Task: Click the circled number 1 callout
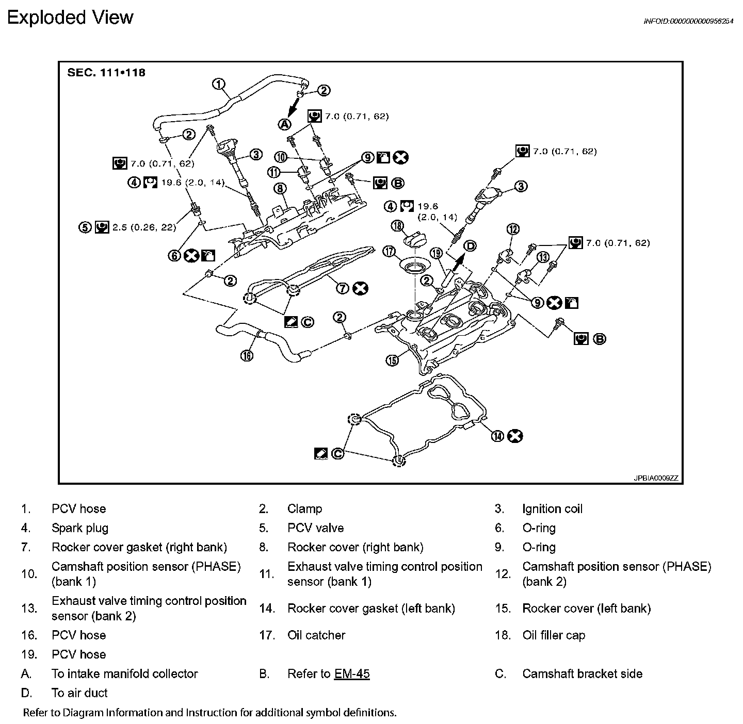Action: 219,84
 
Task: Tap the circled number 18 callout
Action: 397,225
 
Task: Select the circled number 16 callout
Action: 247,355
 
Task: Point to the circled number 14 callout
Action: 497,436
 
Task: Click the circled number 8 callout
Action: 280,188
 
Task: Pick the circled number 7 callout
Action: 343,288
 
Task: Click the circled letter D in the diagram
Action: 470,245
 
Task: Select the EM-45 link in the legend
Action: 352,673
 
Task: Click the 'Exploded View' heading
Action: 70,18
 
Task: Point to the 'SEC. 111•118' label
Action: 106,72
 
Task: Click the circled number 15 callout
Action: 393,360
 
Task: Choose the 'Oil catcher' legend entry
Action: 316,635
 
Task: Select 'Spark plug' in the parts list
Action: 80,528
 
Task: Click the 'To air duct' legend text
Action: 79,693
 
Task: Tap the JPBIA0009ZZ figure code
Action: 655,478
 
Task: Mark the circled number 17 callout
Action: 389,252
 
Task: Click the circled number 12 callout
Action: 513,229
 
